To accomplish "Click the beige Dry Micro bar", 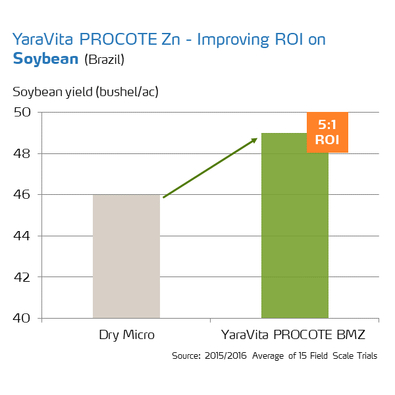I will [x=126, y=257].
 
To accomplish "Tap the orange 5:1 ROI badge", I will [x=327, y=132].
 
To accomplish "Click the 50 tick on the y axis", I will [x=22, y=113].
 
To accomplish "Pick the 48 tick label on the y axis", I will [x=22, y=153].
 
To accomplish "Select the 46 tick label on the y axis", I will [x=22, y=195].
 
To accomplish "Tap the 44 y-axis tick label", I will [x=22, y=236].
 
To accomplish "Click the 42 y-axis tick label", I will [x=22, y=277].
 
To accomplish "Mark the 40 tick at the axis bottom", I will [x=22, y=318].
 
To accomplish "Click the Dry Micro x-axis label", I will [x=126, y=334].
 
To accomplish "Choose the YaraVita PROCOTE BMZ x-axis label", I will [x=294, y=334].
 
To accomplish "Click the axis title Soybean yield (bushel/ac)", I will [x=86, y=91].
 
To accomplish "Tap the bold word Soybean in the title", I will [x=46, y=59].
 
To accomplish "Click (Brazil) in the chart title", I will [x=105, y=60].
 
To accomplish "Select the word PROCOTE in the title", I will [x=122, y=39].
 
